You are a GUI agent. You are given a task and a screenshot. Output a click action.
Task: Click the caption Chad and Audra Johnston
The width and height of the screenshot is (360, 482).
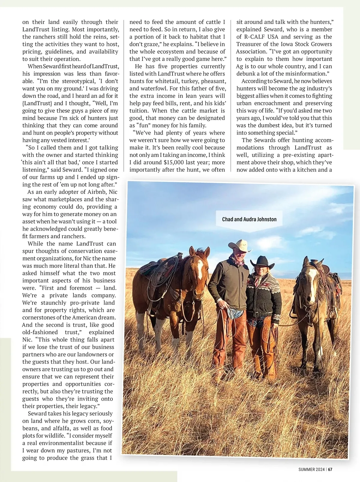(249, 219)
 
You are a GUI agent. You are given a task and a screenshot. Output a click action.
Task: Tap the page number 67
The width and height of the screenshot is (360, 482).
(330, 470)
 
